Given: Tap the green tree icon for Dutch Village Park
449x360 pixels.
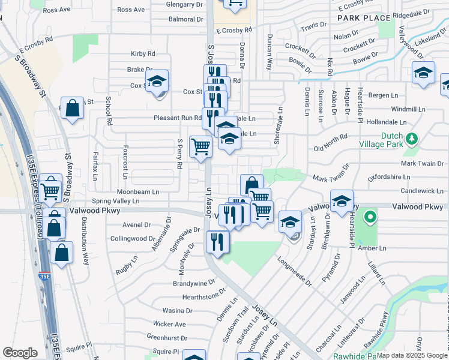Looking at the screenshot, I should point(411,139).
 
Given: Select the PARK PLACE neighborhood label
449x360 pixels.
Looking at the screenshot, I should point(364,18).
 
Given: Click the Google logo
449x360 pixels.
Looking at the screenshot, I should point(20,353).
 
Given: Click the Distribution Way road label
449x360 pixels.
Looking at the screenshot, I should point(85,241).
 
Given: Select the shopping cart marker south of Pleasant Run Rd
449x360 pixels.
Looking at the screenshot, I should point(200,146).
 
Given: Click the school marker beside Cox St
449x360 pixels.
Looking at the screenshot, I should point(157,81).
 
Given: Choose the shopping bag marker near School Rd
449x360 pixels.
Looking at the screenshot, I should point(72,109).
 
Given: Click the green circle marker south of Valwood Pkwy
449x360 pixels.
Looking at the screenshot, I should point(370,217).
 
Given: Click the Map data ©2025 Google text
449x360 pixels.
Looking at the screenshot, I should point(412,355).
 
